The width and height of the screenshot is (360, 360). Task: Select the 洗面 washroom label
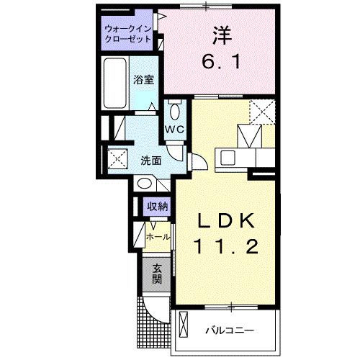[x=150, y=160]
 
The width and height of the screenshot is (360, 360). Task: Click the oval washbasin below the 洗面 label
[x=144, y=184]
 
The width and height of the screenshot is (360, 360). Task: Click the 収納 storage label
[x=158, y=206]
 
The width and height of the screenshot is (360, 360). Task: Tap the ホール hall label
[x=158, y=235]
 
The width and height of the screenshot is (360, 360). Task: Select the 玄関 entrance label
[x=157, y=274]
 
